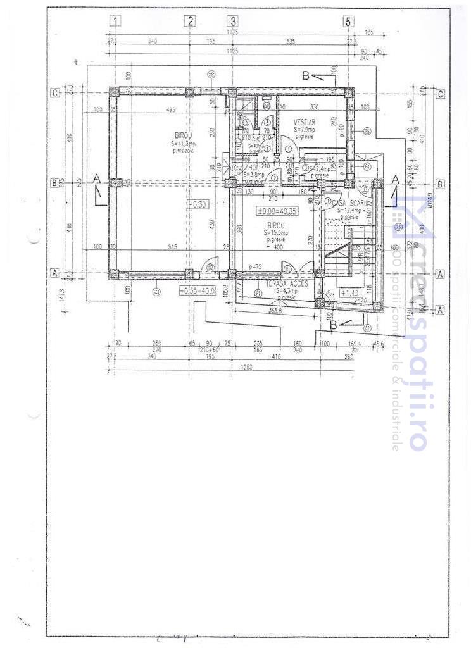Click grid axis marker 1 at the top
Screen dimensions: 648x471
tap(115, 21)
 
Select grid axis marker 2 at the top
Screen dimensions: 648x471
tap(190, 21)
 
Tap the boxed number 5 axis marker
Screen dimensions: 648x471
tap(348, 21)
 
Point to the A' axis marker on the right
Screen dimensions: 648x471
tap(441, 309)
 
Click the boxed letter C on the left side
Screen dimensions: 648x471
tap(55, 93)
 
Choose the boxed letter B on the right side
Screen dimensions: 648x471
tap(441, 184)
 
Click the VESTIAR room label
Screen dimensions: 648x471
tap(305, 121)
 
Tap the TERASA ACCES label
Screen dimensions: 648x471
tap(287, 284)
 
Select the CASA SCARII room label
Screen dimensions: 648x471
tap(348, 201)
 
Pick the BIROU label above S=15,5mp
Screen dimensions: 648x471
tap(275, 225)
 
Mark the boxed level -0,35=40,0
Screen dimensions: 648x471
tap(197, 290)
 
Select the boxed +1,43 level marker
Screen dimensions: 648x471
tap(350, 293)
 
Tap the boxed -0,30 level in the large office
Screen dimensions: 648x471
tap(199, 204)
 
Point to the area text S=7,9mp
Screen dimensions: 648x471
tap(305, 129)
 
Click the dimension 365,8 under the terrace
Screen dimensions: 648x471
tap(275, 311)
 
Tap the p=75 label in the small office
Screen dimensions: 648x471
tap(256, 267)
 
